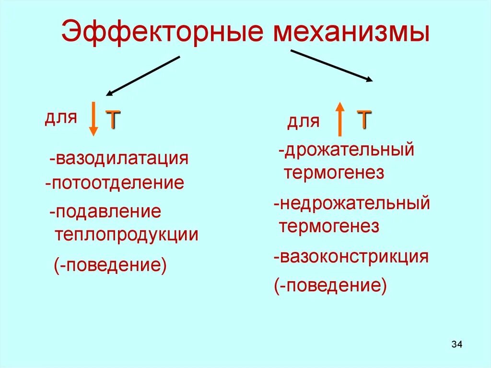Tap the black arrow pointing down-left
pyautogui.click(x=142, y=76)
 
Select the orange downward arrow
pyautogui.click(x=94, y=118)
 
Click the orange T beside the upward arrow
pyautogui.click(x=364, y=119)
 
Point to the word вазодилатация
pyautogui.click(x=122, y=159)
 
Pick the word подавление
pyautogui.click(x=108, y=211)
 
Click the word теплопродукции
pyautogui.click(x=127, y=235)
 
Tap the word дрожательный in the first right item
pyautogui.click(x=349, y=150)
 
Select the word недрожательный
pyautogui.click(x=355, y=203)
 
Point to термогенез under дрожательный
pyautogui.click(x=334, y=173)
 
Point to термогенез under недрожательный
pyautogui.click(x=329, y=226)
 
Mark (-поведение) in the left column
pyautogui.click(x=110, y=264)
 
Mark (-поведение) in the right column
pyautogui.click(x=331, y=286)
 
